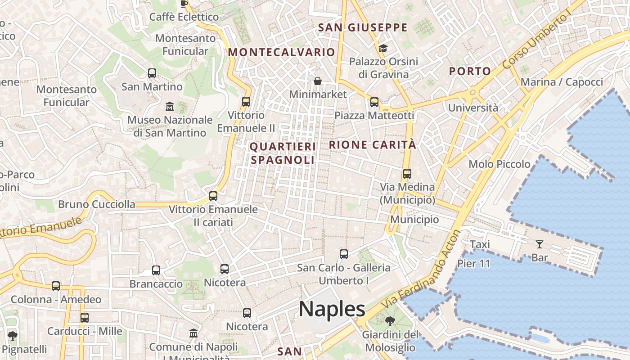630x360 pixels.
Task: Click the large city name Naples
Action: click(332, 309)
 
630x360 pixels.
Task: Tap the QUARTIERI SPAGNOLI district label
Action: click(283, 153)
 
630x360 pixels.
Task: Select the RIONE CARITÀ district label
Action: click(373, 145)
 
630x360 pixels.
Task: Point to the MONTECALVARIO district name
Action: click(282, 52)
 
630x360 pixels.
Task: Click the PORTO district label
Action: click(470, 71)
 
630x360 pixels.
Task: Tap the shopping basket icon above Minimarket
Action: click(318, 81)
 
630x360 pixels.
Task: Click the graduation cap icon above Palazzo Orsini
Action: click(383, 48)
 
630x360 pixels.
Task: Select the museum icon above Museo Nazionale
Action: click(170, 107)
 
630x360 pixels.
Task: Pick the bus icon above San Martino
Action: click(152, 73)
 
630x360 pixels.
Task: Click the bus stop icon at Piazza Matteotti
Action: click(374, 102)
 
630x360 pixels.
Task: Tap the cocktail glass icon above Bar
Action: click(539, 244)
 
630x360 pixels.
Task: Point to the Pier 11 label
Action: click(474, 264)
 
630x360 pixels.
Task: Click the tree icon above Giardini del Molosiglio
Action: click(390, 321)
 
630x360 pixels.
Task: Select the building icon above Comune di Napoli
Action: click(193, 333)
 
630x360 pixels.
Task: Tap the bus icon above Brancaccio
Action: click(156, 270)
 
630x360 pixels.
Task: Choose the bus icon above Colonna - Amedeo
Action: click(56, 286)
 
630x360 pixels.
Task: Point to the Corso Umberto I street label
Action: click(536, 41)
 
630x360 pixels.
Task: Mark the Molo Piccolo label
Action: click(499, 164)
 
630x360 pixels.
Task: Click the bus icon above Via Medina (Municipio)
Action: click(407, 173)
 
